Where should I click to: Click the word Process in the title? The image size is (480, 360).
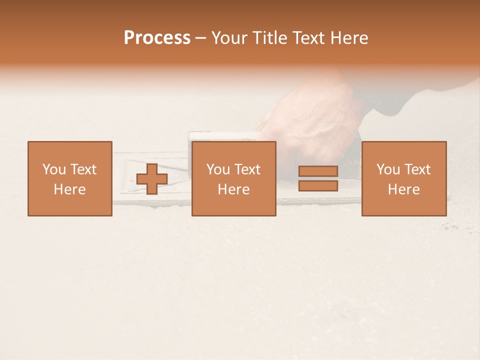coord(157,38)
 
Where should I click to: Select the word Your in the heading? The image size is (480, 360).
coord(229,38)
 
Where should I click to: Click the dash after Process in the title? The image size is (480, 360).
coord(200,38)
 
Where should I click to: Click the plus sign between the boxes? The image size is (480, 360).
coord(152,179)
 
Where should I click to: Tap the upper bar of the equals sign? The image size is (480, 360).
coord(318,171)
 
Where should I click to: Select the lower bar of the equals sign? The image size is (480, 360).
coord(318,186)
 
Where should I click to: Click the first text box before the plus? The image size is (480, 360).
coord(69,178)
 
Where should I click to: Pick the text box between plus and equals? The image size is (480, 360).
coord(233,178)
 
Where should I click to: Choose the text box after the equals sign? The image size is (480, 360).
coord(403,178)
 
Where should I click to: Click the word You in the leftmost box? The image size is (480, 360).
coord(54,169)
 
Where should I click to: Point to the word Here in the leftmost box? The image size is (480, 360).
coord(69,189)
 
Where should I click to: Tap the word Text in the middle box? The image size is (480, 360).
coord(247,169)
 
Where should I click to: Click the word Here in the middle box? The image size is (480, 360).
coord(233,189)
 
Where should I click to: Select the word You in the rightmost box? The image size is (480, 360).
coord(388,169)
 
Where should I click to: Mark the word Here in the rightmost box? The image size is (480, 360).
coord(403,189)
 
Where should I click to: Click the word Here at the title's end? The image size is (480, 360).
coord(349,38)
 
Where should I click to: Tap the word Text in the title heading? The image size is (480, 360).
coord(308,38)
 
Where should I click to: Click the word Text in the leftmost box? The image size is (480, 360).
coord(83,169)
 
